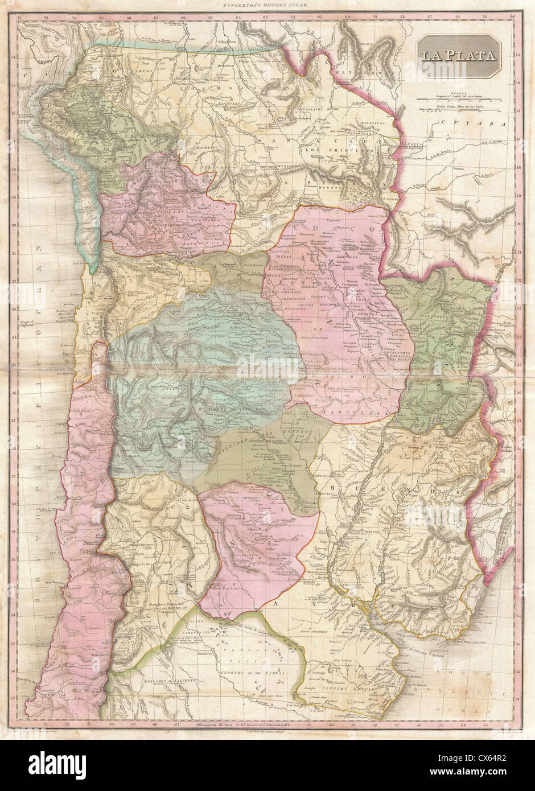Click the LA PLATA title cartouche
(458, 56)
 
